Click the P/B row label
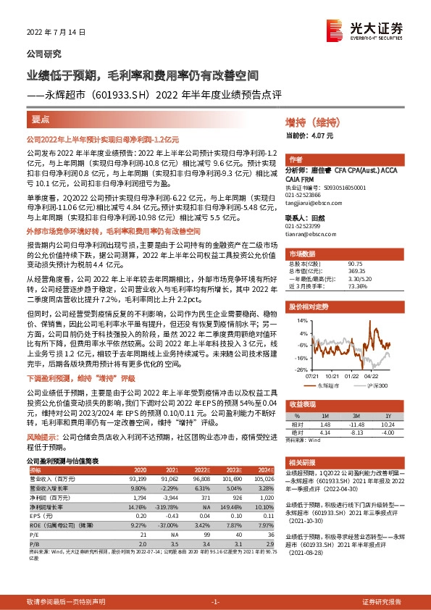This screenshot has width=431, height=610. (35, 540)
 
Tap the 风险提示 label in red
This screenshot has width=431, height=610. (41, 437)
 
